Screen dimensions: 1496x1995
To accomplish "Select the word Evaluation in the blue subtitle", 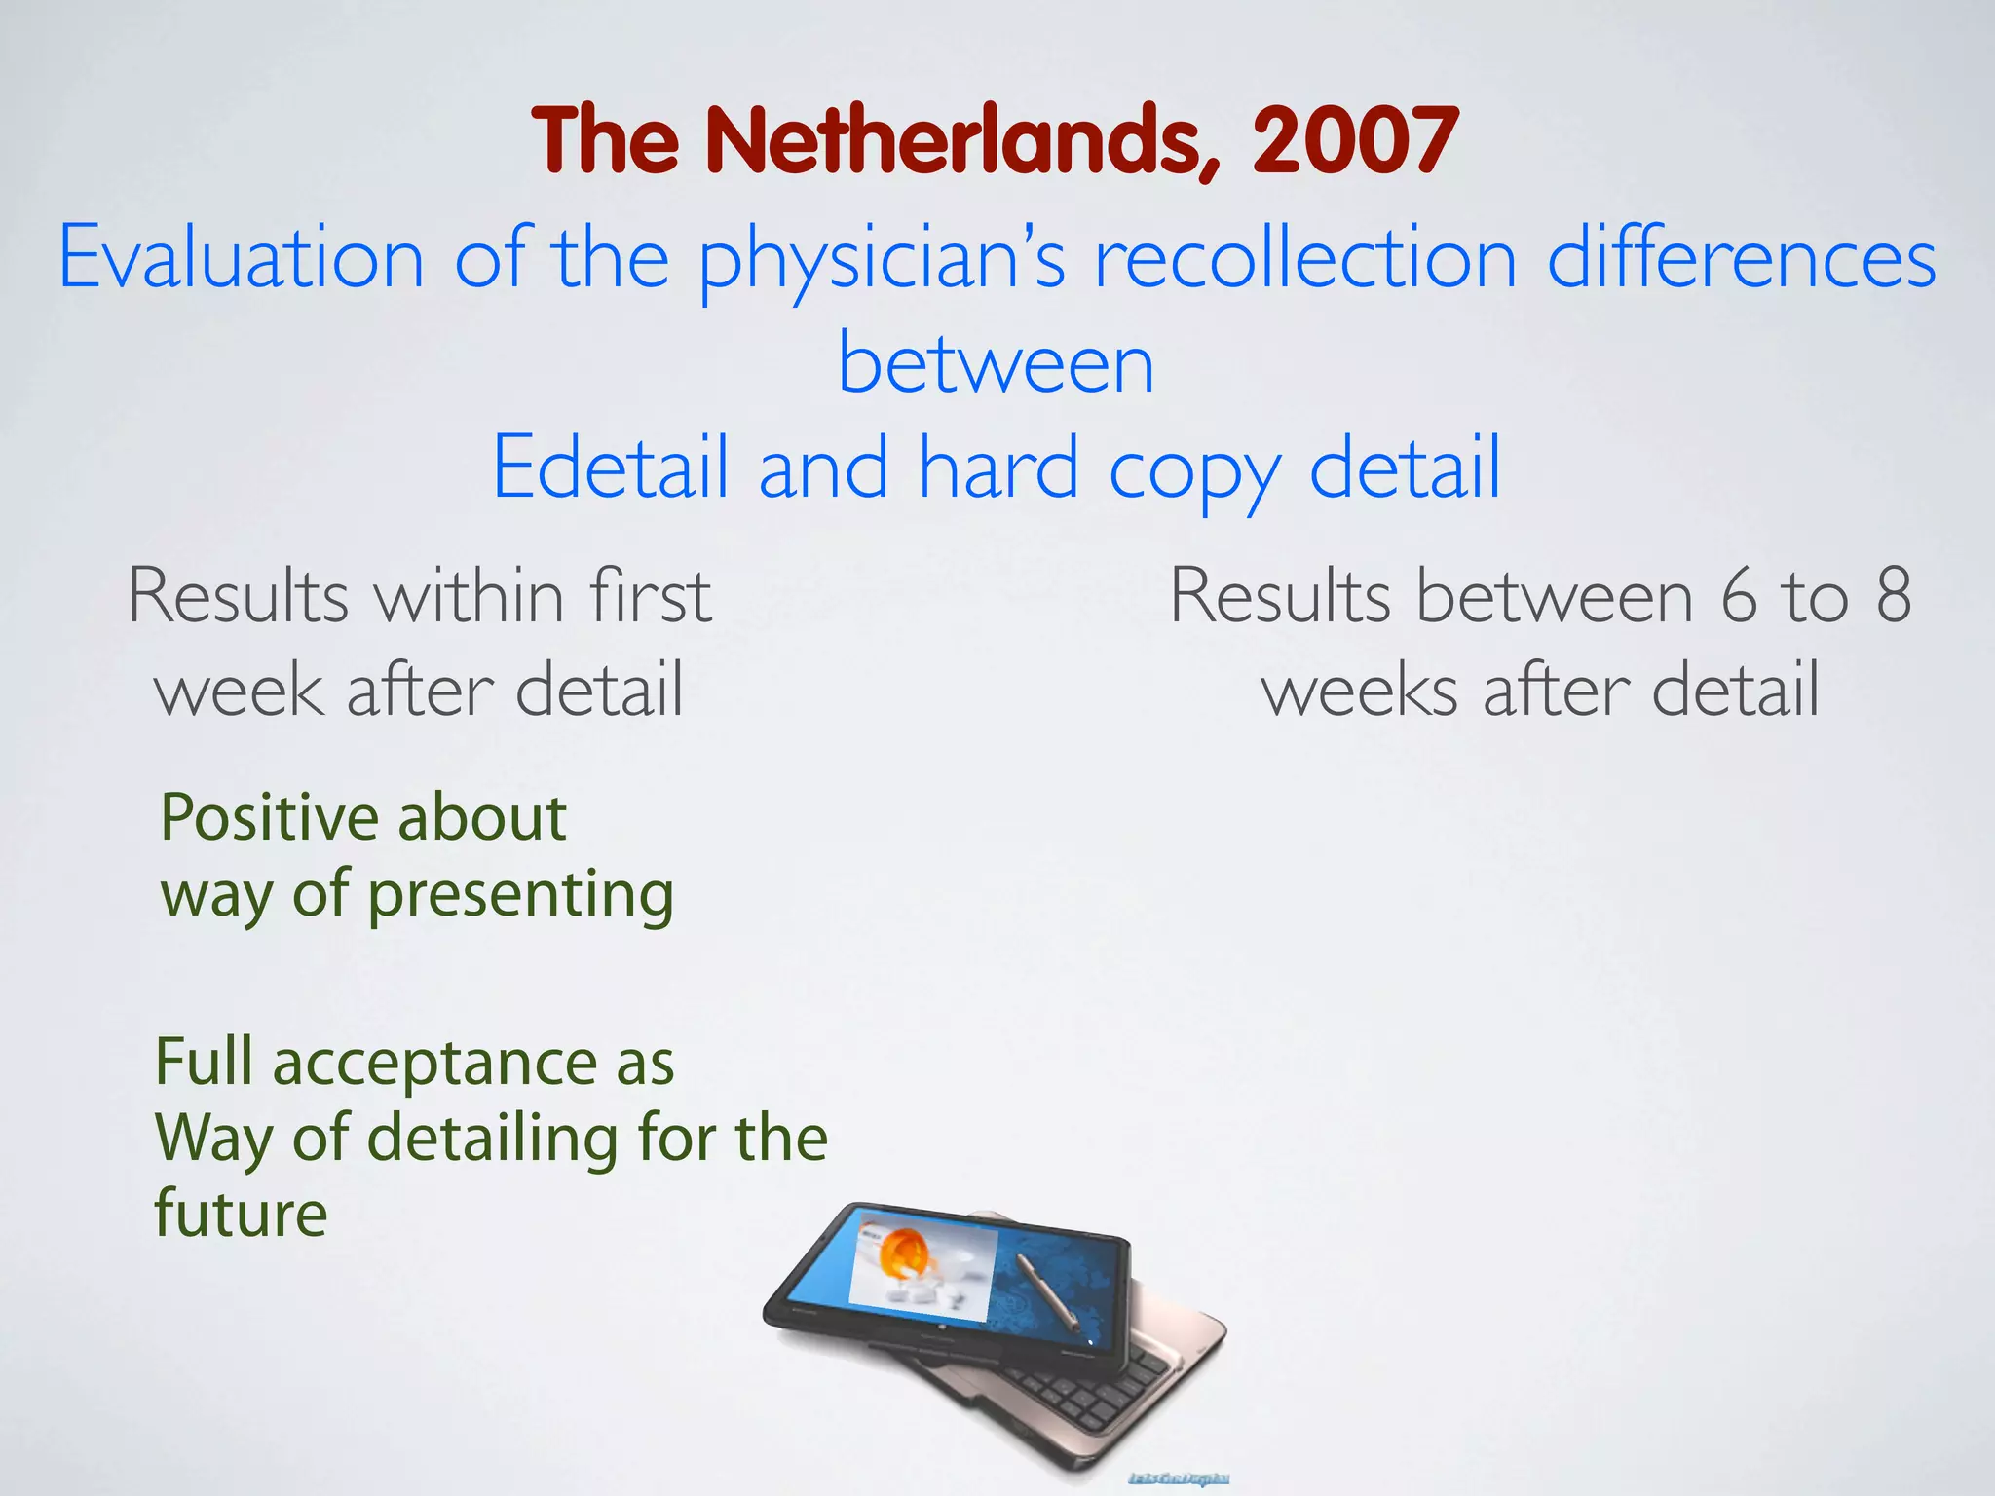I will point(242,258).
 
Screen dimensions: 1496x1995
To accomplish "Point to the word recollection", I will point(1305,258).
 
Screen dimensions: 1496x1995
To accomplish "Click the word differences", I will point(1741,258).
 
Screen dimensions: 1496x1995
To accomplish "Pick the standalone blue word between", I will point(996,363).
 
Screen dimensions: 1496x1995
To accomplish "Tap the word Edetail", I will point(611,468).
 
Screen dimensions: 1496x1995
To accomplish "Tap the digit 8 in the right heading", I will point(1893,595).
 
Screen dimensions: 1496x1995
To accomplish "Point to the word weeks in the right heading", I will point(1359,690).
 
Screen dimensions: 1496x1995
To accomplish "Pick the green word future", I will point(241,1213).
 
